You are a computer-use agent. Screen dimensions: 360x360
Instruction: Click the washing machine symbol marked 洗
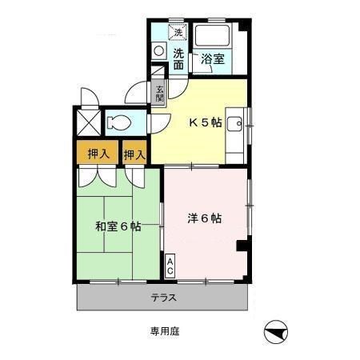pos(179,33)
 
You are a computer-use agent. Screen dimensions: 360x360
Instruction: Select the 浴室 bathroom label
pos(212,58)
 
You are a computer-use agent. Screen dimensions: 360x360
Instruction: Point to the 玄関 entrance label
pos(160,94)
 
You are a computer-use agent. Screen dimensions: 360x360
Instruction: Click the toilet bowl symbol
pos(119,122)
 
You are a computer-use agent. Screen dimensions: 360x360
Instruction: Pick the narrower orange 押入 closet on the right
pos(134,152)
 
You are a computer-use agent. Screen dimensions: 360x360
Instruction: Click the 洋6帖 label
pos(206,218)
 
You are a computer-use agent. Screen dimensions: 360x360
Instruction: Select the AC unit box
pos(170,266)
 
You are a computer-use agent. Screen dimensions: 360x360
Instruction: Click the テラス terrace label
pos(163,298)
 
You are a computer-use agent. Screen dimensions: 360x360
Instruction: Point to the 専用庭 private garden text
pos(162,330)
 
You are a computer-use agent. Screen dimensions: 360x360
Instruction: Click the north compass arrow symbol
pos(276,332)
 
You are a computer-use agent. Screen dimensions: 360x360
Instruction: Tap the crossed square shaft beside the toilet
pos(86,122)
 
